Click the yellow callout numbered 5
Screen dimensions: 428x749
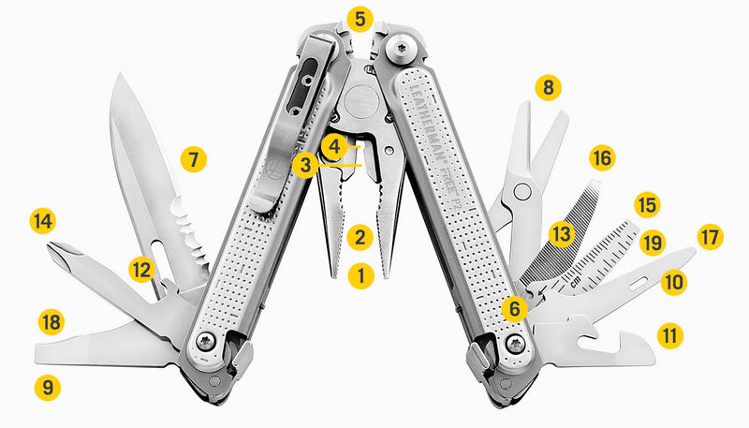pos(360,18)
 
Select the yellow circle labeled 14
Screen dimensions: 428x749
pos(42,221)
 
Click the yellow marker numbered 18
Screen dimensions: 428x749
pos(51,322)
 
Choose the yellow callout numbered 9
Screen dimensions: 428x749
pos(46,384)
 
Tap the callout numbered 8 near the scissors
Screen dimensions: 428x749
pos(548,89)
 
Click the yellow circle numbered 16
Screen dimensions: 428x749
pos(601,158)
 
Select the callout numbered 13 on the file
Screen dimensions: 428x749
pos(561,231)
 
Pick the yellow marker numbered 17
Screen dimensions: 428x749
pos(711,237)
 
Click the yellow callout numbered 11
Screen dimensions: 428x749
pos(669,334)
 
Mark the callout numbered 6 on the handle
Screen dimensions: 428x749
pos(512,306)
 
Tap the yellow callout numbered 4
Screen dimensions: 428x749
pos(334,145)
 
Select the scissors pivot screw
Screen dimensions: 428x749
pos(523,192)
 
